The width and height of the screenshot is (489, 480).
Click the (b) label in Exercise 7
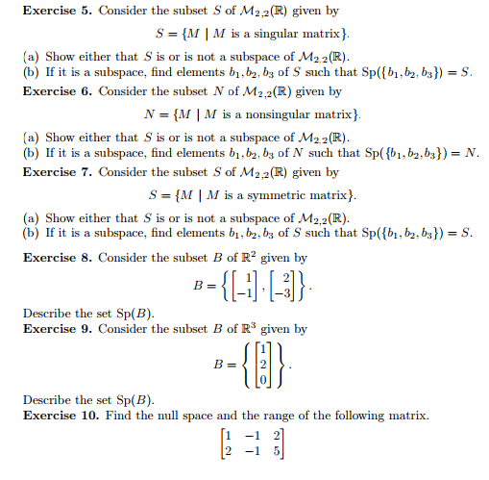pyautogui.click(x=27, y=233)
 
